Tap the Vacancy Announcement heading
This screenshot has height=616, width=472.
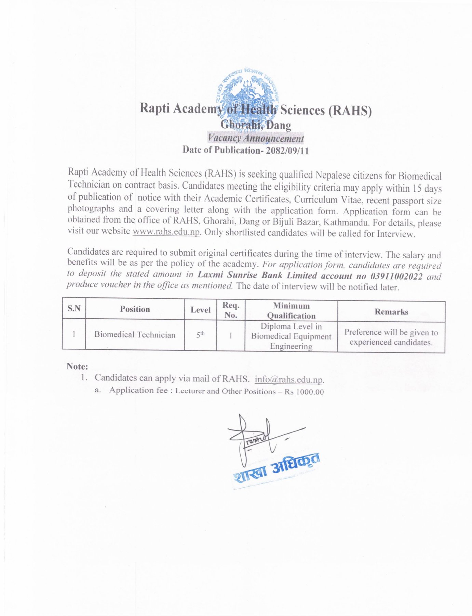tap(256, 138)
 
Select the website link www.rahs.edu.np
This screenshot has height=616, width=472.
tap(166, 232)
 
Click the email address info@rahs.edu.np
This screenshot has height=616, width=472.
tap(289, 380)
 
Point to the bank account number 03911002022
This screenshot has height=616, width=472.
tap(396, 276)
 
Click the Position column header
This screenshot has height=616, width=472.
tap(135, 309)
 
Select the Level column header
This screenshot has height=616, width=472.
tap(200, 310)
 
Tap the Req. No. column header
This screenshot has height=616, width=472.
tap(231, 310)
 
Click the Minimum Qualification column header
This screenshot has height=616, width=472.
tap(291, 311)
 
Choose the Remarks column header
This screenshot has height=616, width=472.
tap(391, 312)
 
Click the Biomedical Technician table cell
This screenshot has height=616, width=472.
tap(135, 335)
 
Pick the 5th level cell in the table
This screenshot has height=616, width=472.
tap(200, 335)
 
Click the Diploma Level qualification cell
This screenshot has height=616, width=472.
tap(291, 336)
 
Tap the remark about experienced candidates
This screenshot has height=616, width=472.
tap(391, 337)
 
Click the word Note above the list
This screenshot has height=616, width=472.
tap(77, 367)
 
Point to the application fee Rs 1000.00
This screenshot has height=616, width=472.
tap(304, 392)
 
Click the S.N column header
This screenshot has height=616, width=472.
tap(74, 308)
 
